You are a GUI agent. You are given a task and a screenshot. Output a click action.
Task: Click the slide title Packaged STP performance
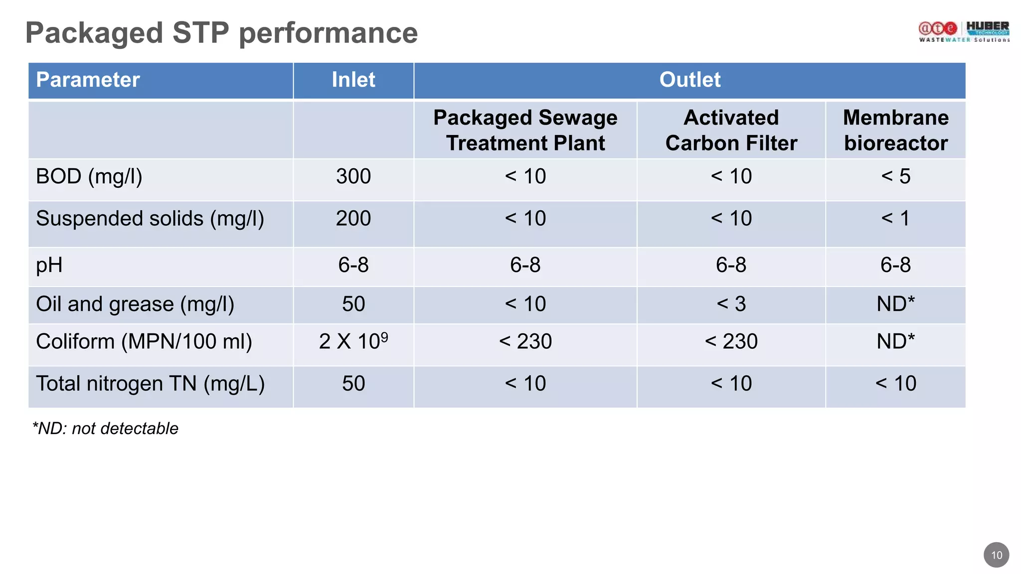[221, 33]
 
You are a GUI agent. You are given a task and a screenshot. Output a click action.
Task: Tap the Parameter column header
[88, 80]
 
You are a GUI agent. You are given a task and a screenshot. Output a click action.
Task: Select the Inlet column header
[353, 80]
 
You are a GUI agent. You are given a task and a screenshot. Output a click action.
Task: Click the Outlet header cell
[689, 80]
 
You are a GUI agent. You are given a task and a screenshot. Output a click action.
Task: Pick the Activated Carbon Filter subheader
[731, 130]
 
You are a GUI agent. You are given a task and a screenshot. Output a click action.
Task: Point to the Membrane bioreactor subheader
[895, 130]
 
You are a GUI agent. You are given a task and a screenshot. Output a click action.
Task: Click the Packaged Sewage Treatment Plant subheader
[525, 130]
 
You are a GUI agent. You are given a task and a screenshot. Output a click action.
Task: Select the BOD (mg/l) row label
[89, 176]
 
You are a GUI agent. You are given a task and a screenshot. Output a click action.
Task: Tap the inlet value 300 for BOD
[353, 176]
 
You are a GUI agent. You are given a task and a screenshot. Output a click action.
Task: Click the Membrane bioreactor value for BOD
[895, 176]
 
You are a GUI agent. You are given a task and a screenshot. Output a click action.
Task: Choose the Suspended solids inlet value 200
[353, 218]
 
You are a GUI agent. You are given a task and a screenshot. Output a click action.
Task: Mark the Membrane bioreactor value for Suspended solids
[895, 218]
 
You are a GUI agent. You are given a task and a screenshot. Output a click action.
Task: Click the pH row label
[49, 265]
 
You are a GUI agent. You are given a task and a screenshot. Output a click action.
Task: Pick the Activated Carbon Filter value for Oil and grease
[731, 304]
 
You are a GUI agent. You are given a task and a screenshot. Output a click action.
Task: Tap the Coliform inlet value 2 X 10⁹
[353, 341]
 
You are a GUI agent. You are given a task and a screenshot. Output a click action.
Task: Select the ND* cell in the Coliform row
[895, 341]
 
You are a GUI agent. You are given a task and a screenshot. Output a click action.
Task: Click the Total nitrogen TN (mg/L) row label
[150, 384]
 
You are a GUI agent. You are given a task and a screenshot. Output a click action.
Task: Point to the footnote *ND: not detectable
[105, 429]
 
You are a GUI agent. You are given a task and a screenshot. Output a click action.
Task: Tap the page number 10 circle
[996, 555]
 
